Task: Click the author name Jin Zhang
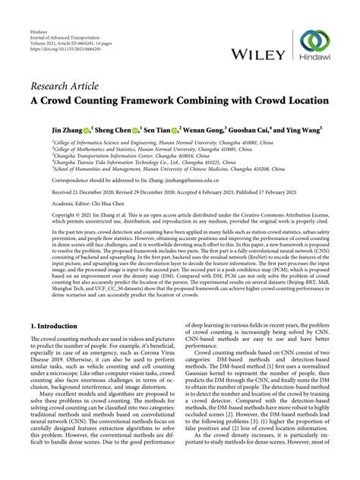click(x=68, y=130)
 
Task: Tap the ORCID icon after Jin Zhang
click(x=89, y=130)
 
